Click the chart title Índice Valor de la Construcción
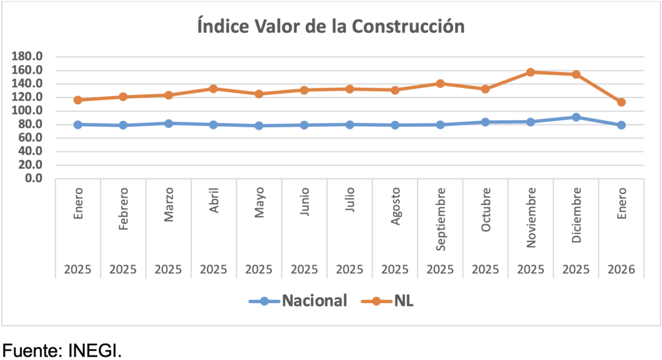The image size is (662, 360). point(331,26)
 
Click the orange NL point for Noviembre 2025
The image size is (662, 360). point(531,72)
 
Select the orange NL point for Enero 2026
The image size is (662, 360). point(621,102)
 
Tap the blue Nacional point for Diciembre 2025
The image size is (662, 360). point(576,117)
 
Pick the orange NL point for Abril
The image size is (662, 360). point(214,89)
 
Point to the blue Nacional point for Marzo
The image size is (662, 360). point(169,123)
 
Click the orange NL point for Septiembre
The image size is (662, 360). point(440,83)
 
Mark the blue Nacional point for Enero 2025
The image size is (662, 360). point(78,124)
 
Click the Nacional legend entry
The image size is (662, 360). point(304,301)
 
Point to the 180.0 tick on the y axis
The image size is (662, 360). point(28,56)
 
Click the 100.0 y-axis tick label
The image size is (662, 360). point(28,111)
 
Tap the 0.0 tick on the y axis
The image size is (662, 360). point(33,178)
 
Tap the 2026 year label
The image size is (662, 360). point(621,269)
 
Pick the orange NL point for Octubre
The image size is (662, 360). point(486,89)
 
